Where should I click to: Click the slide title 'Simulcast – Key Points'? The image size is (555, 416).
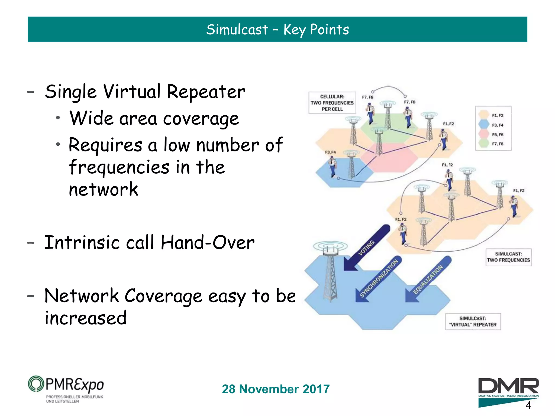click(277, 29)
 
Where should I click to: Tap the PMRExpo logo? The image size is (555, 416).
click(66, 389)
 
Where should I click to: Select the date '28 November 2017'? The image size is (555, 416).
click(276, 389)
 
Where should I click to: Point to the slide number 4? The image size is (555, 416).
click(528, 405)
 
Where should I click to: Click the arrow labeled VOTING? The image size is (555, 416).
click(366, 248)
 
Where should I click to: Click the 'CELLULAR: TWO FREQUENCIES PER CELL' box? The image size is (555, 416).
click(332, 103)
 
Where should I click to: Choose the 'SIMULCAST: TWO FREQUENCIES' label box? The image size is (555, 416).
click(508, 257)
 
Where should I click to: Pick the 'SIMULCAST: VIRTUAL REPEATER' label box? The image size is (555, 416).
click(473, 321)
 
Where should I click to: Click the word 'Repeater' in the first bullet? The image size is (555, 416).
click(206, 92)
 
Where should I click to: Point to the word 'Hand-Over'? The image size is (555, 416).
click(208, 242)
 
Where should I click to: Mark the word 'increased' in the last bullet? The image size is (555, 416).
click(86, 318)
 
